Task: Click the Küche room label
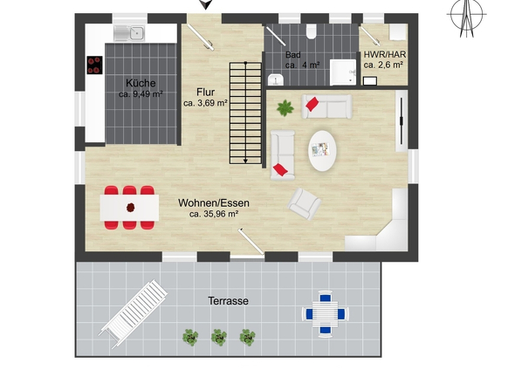(141, 83)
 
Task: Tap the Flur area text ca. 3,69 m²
(206, 103)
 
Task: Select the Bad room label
(293, 54)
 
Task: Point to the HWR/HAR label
(385, 54)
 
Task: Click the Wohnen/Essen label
(214, 202)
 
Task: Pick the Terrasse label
(229, 300)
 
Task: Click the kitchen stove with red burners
(94, 65)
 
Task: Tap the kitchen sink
(129, 33)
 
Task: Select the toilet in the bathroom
(311, 31)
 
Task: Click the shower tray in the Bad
(343, 72)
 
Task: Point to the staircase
(245, 113)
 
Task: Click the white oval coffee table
(322, 151)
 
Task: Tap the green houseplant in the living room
(285, 108)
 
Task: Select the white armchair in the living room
(304, 203)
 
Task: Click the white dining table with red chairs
(129, 208)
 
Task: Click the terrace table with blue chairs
(326, 313)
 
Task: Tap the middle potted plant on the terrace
(219, 337)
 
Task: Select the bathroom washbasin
(276, 79)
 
